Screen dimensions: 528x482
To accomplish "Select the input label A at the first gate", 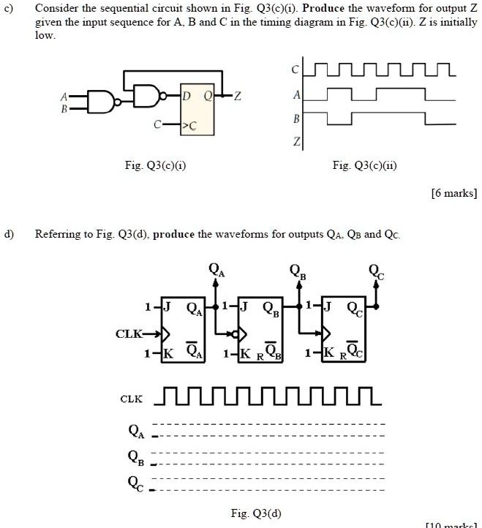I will click(65, 95).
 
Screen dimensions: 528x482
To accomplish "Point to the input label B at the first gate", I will click(65, 108).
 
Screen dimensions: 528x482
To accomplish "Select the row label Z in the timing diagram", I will click(297, 141).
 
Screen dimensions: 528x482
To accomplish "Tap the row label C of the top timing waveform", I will click(297, 70).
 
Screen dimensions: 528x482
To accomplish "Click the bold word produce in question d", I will click(175, 235).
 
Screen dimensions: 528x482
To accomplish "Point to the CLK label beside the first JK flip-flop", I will click(128, 334).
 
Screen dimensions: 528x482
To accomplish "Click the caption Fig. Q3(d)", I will click(256, 513).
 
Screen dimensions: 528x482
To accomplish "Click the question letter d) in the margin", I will click(10, 235).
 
